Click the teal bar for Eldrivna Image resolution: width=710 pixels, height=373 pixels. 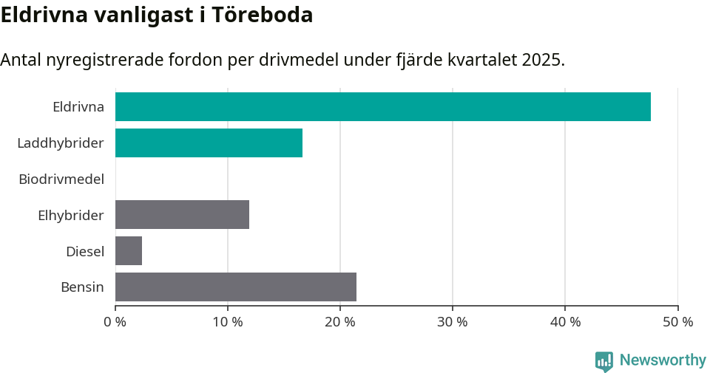pos(382,106)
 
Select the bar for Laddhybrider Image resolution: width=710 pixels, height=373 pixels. pos(209,143)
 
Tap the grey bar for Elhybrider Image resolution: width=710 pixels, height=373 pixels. pos(182,214)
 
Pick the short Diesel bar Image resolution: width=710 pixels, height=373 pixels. pos(129,251)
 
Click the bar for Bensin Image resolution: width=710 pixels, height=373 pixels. pos(235,287)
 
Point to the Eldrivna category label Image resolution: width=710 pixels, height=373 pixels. pos(78,106)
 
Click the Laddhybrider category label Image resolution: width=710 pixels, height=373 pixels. pos(60,143)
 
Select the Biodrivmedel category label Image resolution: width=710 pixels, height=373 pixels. pos(61,179)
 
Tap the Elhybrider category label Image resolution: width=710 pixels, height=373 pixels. pos(70,215)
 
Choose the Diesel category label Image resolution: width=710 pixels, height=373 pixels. pos(84,251)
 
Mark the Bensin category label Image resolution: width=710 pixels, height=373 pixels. pos(82,287)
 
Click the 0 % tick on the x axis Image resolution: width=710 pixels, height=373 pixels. pos(115,322)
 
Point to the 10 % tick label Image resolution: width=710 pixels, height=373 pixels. pos(228,322)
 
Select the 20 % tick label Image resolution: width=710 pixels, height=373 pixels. pos(340,322)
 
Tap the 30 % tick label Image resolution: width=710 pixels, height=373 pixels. pos(453,322)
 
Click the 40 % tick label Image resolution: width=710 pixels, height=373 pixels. pos(565,322)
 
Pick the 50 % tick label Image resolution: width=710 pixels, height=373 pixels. pos(677,322)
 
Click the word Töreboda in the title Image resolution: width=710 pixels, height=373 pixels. pos(263,15)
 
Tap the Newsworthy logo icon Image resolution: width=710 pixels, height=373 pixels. pos(604,360)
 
